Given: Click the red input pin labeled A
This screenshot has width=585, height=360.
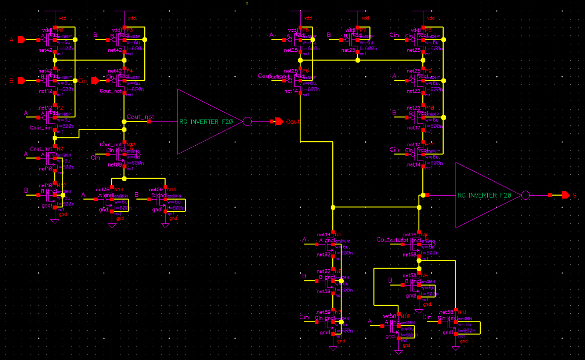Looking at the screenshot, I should click(22, 40).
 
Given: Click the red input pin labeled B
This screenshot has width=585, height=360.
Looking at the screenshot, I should click(22, 80).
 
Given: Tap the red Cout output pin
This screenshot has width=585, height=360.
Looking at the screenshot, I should click(279, 121).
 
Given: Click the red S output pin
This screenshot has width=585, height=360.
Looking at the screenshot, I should click(566, 195).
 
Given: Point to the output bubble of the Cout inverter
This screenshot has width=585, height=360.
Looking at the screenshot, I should click(247, 121).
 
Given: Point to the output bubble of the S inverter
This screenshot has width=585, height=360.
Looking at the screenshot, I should click(526, 195).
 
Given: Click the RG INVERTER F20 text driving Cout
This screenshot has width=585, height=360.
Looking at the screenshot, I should click(206, 122).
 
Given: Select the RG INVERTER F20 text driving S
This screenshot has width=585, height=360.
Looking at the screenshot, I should click(484, 196).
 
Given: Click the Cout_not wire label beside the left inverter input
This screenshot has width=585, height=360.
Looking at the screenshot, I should click(140, 117).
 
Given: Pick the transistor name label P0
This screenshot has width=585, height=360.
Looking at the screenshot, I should click(60, 30).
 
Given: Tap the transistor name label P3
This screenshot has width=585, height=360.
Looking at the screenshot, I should click(130, 30).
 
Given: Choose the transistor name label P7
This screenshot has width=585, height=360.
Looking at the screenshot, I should click(363, 30).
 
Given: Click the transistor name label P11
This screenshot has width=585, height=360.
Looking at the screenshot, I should click(429, 145).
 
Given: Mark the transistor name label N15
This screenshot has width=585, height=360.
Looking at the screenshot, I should click(172, 190).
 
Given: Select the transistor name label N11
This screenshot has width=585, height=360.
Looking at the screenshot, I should click(462, 312).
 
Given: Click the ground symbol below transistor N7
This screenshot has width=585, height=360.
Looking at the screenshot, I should click(333, 348).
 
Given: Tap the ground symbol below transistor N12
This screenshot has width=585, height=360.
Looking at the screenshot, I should click(55, 221).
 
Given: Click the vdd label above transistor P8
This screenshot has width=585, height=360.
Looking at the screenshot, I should click(431, 18).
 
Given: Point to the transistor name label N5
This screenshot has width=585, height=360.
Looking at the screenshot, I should click(338, 234).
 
